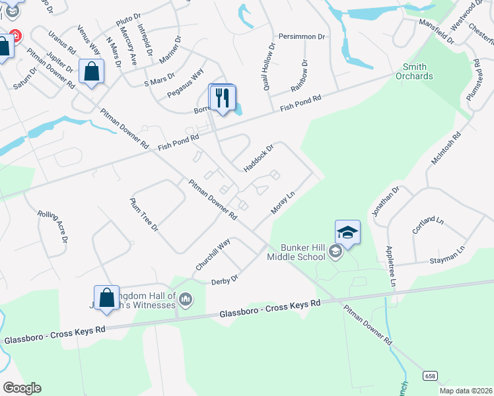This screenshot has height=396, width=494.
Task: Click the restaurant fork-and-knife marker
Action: [x=222, y=98]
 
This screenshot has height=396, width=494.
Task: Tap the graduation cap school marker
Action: [x=347, y=233]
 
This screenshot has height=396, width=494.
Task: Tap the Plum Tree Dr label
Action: [x=144, y=214]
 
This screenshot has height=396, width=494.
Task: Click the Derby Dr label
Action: [x=225, y=280]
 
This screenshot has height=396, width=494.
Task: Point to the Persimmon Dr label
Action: [x=302, y=36]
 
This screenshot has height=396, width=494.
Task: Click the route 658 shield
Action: [x=430, y=376]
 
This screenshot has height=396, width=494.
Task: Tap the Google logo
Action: [x=22, y=387]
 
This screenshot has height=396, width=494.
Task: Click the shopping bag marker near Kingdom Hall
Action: [x=106, y=298]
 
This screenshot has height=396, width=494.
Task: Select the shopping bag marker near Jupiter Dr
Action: [x=91, y=72]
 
